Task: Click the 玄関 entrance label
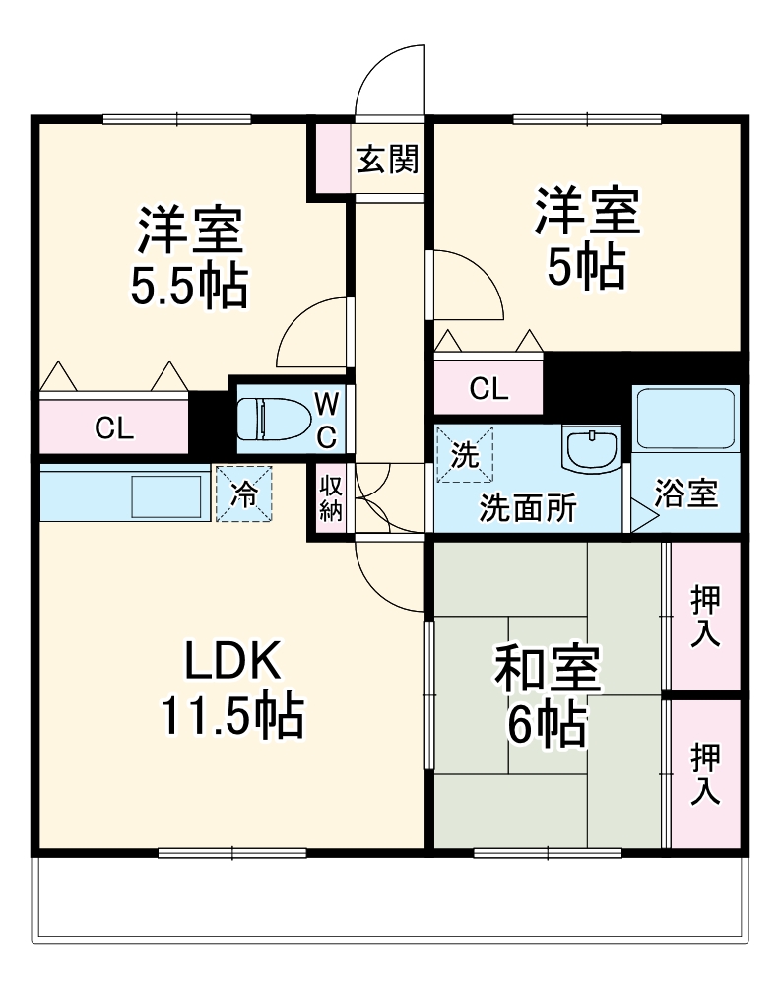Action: click(387, 160)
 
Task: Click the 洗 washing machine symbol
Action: click(464, 454)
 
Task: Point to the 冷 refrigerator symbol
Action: click(242, 493)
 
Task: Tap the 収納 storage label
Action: click(330, 497)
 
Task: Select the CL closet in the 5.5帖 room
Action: click(113, 427)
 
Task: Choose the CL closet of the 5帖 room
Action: click(488, 388)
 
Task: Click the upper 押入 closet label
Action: click(704, 616)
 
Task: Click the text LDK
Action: click(234, 662)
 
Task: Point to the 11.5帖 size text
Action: click(232, 719)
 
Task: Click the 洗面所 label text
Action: click(529, 509)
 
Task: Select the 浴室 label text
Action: click(686, 492)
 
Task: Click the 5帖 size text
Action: click(587, 266)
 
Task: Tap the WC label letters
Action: click(328, 418)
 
